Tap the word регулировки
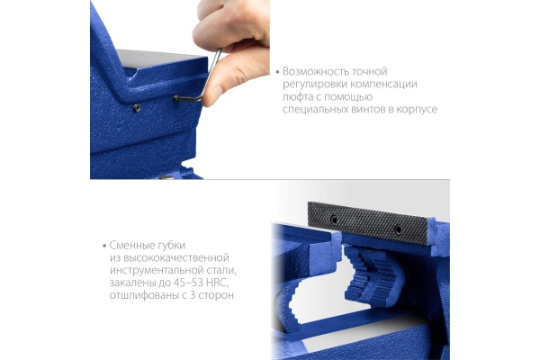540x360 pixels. click(x=315, y=85)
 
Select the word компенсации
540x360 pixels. click(x=383, y=85)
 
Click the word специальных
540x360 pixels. click(x=316, y=110)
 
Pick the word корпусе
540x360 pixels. click(x=417, y=110)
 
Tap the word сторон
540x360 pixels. click(x=216, y=295)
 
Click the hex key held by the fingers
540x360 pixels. click(x=201, y=80)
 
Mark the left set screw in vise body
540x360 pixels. click(x=137, y=108)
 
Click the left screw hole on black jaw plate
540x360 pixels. click(x=334, y=220)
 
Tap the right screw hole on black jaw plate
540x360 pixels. click(x=398, y=229)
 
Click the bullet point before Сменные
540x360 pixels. click(x=104, y=246)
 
